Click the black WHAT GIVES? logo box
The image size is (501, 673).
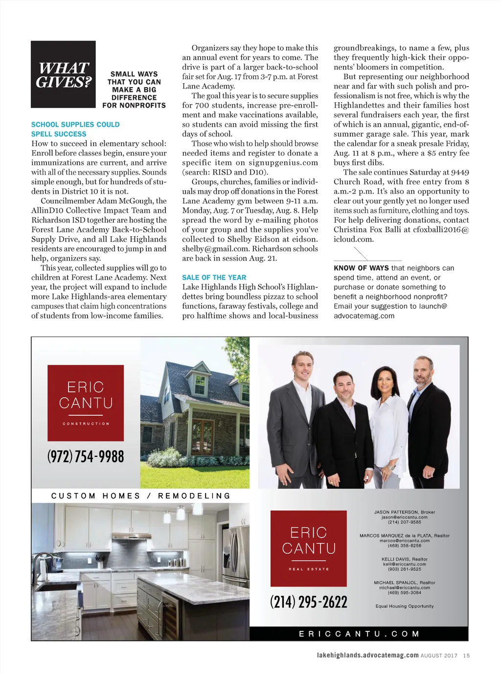[63, 74]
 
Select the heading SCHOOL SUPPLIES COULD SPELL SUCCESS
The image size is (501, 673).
[75, 129]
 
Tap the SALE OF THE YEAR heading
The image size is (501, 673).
[214, 277]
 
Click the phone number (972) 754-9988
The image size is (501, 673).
[86, 456]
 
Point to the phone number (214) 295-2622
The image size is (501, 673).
[308, 602]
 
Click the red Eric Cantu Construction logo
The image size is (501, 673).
[86, 403]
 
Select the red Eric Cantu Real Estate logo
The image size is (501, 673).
[308, 548]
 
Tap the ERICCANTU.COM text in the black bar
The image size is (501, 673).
[359, 634]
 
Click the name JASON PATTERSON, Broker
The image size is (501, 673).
[404, 512]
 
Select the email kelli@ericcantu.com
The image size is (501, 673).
[404, 564]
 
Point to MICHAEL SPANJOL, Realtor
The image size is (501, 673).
[404, 583]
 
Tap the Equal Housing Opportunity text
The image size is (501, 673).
[404, 606]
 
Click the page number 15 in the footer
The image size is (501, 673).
[466, 655]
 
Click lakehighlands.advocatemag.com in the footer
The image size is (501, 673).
[367, 655]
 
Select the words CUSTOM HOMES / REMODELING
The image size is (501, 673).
[141, 496]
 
